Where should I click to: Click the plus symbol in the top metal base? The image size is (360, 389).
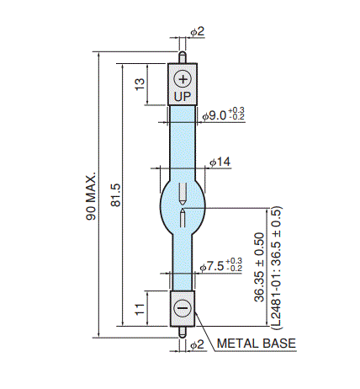[x=183, y=79]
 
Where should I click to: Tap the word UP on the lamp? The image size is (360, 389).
[x=183, y=97]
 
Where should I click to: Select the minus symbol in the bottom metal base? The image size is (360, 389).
[x=183, y=308]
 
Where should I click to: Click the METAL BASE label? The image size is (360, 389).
[x=257, y=344]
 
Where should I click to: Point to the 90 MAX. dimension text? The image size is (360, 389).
[x=91, y=196]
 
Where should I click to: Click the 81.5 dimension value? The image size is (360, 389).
[x=115, y=195]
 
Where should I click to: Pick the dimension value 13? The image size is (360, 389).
[x=140, y=84]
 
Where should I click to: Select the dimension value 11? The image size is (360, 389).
[x=140, y=309]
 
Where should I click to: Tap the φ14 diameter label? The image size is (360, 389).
[x=220, y=162]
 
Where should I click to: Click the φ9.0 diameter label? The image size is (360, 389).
[x=214, y=115]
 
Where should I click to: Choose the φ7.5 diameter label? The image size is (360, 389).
[x=212, y=266]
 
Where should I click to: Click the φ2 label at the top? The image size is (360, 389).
[x=198, y=31]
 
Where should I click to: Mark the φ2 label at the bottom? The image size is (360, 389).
[x=198, y=344]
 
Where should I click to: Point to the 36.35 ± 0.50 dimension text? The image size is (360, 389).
[x=259, y=267]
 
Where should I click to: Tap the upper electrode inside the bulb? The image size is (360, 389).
[x=183, y=193]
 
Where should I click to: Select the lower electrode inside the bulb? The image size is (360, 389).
[x=183, y=218]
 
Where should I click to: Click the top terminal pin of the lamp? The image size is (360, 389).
[x=183, y=57]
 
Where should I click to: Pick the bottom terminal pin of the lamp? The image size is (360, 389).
[x=183, y=332]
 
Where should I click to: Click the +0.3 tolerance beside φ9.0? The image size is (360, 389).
[x=236, y=110]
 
